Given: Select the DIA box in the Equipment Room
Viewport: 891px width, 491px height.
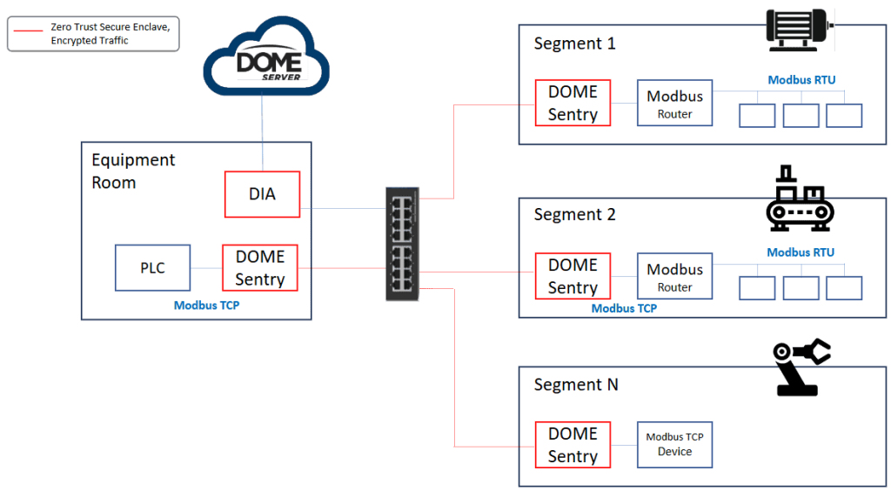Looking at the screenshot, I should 262,194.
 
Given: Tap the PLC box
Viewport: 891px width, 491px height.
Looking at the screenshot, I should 152,267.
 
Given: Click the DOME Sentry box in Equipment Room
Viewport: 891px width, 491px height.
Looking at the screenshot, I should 259,267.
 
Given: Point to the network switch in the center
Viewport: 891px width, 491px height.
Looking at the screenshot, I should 402,244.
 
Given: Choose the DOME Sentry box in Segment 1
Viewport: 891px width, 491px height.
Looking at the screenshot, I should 573,103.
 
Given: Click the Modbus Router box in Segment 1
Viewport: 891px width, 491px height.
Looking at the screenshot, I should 674,104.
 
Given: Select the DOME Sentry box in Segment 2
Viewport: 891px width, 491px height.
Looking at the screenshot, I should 573,276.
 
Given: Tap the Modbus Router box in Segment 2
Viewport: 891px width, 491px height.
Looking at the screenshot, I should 674,277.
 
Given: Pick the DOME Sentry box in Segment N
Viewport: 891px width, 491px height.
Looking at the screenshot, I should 573,445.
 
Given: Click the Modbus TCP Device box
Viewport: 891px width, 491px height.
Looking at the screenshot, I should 674,444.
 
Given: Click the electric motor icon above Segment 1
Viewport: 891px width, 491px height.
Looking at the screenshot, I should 799,29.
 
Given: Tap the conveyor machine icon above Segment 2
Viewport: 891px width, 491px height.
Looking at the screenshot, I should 799,199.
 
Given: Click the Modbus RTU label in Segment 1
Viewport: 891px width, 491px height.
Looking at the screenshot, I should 801,80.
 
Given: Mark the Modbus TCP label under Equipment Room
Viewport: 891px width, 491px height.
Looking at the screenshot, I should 207,306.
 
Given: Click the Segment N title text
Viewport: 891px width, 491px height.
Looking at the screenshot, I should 576,385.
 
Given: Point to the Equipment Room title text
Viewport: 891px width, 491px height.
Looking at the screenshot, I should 133,172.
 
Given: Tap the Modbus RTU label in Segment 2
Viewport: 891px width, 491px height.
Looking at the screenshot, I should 801,252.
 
